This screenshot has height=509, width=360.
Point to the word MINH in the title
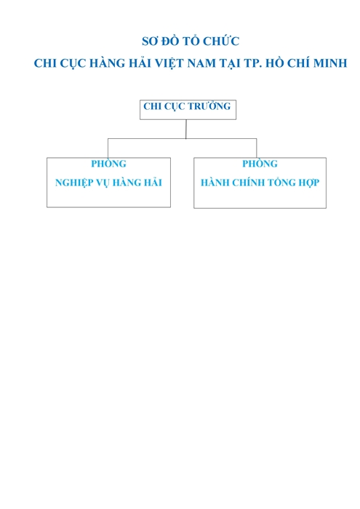point(330,63)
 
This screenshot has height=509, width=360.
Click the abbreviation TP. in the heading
point(253,63)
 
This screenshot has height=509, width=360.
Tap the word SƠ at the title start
point(150,41)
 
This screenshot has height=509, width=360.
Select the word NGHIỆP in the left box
point(74,183)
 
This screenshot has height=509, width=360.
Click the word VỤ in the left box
point(103,183)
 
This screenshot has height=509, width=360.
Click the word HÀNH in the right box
point(215,182)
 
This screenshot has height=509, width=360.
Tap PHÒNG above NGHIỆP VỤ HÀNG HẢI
point(108,163)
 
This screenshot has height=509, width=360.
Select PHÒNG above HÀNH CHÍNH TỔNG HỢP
point(260,163)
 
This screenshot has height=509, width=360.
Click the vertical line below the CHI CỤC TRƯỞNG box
point(186,129)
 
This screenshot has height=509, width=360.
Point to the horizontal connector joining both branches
point(182,139)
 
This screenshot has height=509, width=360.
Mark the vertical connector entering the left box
point(108,148)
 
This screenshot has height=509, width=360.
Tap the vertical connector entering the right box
point(257,148)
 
